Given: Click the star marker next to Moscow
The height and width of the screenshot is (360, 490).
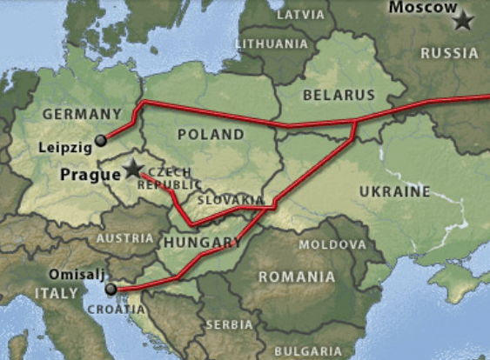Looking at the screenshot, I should pyautogui.click(x=461, y=19).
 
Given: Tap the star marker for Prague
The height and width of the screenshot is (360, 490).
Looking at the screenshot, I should pyautogui.click(x=133, y=169).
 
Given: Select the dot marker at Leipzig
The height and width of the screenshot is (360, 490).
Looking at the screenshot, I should pyautogui.click(x=100, y=140).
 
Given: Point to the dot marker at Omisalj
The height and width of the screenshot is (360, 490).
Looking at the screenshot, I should pyautogui.click(x=110, y=288).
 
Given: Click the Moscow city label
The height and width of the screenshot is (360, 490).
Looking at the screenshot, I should pyautogui.click(x=421, y=8).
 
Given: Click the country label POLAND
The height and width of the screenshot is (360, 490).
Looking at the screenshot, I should pyautogui.click(x=211, y=135).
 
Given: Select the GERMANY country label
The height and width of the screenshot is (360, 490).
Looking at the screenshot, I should pyautogui.click(x=81, y=114).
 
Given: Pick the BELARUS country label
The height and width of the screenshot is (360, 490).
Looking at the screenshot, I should pyautogui.click(x=338, y=95).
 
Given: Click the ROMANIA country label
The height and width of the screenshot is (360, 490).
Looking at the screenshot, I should pyautogui.click(x=295, y=277).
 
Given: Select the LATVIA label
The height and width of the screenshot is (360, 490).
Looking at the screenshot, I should pyautogui.click(x=300, y=15).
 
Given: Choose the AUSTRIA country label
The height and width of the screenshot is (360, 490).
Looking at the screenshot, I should pyautogui.click(x=124, y=237).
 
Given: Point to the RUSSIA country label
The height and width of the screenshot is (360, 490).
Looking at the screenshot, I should pyautogui.click(x=449, y=53).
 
